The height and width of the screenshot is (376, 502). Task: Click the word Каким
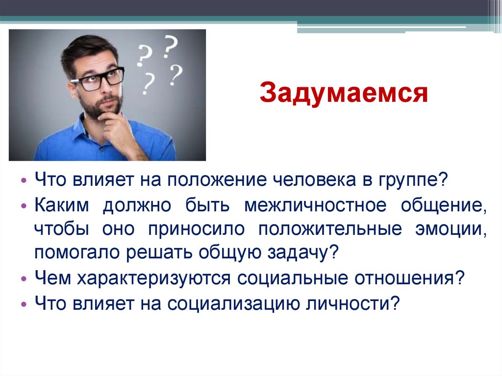[62, 206]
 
